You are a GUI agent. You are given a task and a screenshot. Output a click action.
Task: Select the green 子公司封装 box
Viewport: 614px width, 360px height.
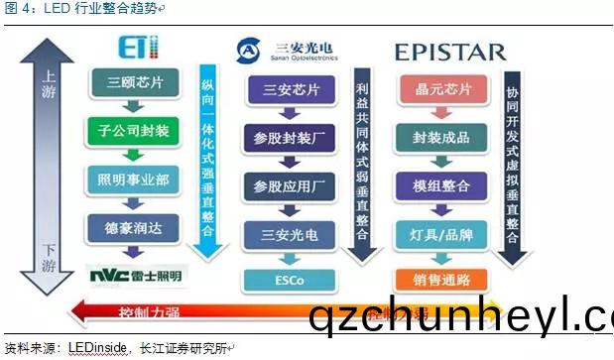(x=136, y=130)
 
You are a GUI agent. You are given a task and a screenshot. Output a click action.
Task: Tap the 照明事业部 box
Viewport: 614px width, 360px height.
(x=136, y=179)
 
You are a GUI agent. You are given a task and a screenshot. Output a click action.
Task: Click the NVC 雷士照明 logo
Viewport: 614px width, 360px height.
(x=135, y=274)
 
